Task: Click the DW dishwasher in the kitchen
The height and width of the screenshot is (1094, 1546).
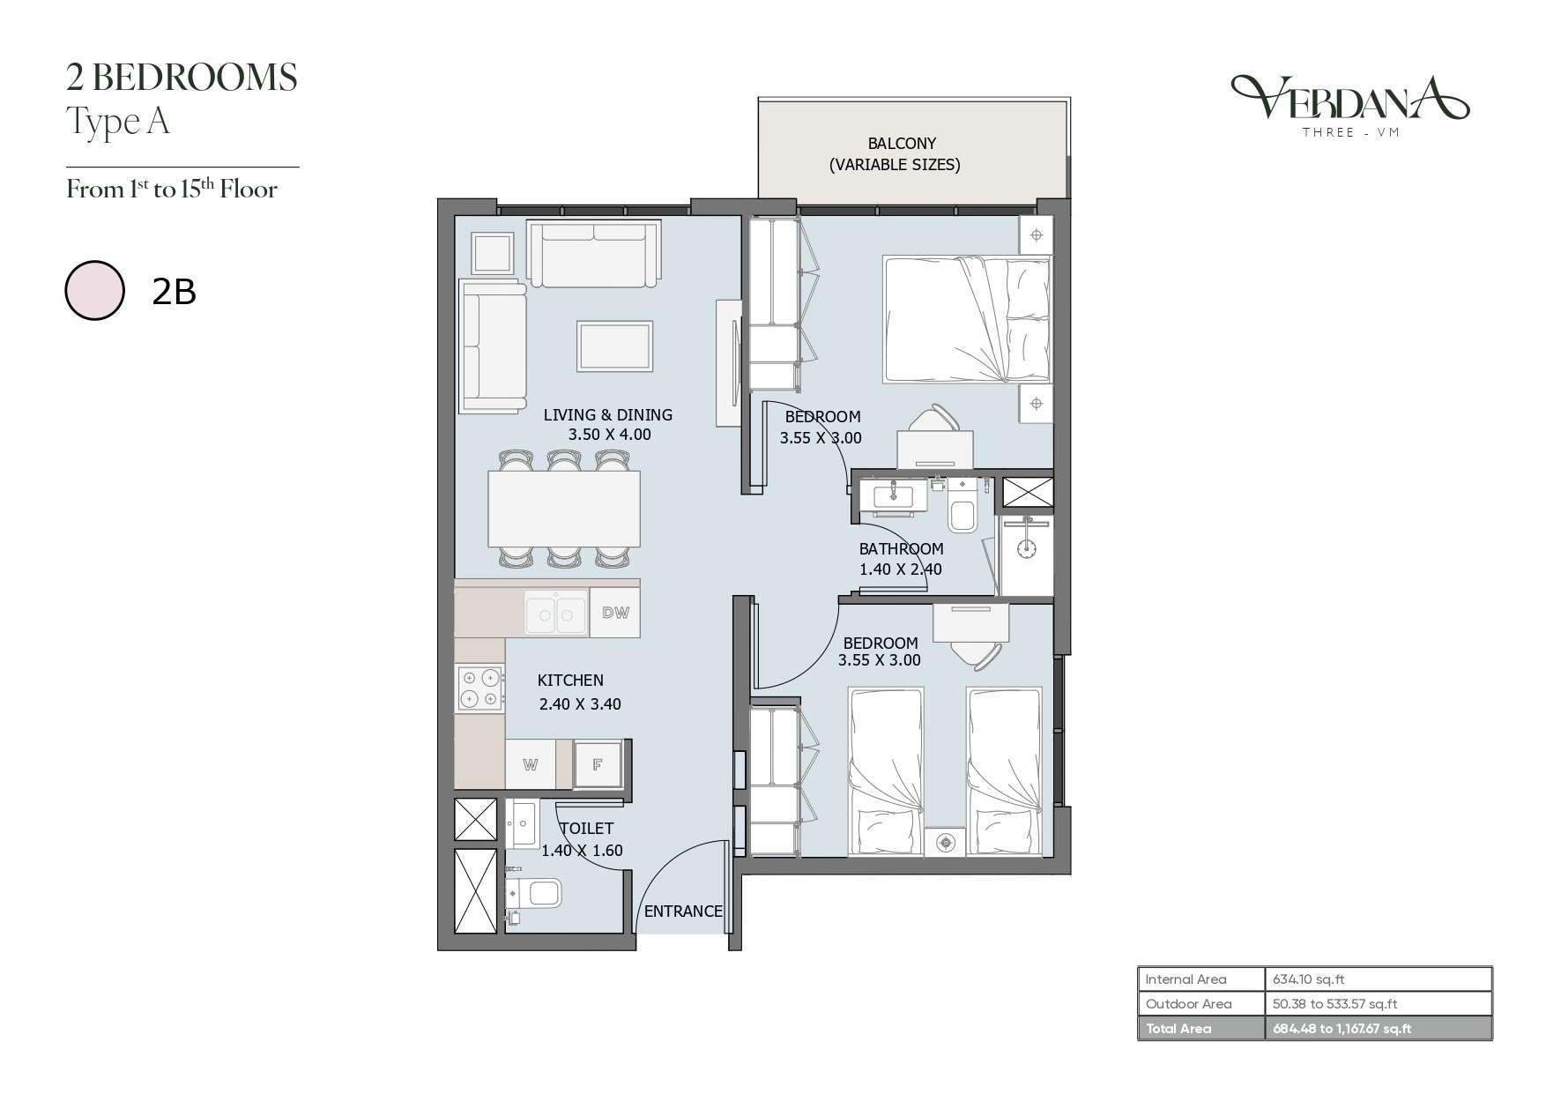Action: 615,613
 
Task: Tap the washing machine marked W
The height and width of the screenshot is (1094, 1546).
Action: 530,764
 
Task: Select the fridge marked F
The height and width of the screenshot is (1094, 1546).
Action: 598,764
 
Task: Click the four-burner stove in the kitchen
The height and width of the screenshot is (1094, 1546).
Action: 480,688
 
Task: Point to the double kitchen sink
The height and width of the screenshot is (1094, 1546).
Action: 556,613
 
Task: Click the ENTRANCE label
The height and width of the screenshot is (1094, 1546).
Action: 683,912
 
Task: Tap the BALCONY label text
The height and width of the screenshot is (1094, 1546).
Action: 902,143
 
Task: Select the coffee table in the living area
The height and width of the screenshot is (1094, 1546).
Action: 615,346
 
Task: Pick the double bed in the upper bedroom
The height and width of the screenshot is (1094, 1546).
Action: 968,319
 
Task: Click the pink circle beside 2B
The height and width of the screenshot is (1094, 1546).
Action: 94,290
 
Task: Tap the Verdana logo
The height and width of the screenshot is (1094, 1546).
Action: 1349,105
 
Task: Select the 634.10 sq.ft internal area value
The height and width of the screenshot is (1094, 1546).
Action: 1308,979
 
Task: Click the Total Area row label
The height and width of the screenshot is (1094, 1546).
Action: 1178,1028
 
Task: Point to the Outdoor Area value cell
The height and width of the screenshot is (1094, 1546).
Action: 1335,1003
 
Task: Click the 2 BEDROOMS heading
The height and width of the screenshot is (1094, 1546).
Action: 182,78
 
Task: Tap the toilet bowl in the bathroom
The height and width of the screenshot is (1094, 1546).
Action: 962,516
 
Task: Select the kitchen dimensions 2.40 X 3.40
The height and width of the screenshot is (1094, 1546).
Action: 580,703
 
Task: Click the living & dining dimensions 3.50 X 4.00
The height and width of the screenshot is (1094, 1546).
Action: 609,435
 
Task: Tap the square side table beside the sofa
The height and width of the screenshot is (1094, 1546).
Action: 492,254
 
